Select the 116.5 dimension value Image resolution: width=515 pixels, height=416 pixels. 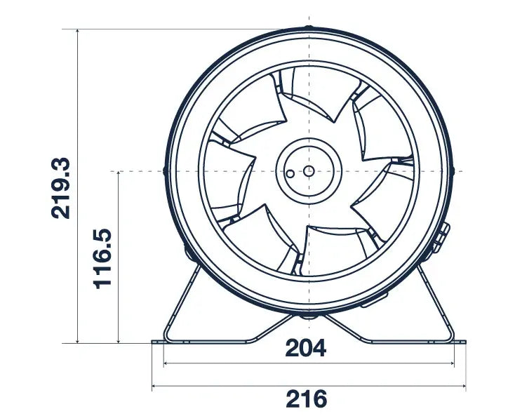pyautogui.click(x=103, y=257)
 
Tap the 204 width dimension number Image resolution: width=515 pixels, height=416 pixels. pyautogui.click(x=306, y=348)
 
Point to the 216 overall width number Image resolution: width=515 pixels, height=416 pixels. pyautogui.click(x=306, y=399)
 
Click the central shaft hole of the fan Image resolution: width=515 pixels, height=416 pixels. pyautogui.click(x=309, y=170)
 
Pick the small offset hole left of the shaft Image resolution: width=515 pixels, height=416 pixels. pyautogui.click(x=288, y=170)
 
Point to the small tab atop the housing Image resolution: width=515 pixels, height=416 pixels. pyautogui.click(x=309, y=29)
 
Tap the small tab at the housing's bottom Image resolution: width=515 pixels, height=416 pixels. pyautogui.click(x=309, y=315)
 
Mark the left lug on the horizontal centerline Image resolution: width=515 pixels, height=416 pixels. pyautogui.click(x=165, y=170)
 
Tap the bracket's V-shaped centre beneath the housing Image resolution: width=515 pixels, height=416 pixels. pyautogui.click(x=309, y=326)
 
